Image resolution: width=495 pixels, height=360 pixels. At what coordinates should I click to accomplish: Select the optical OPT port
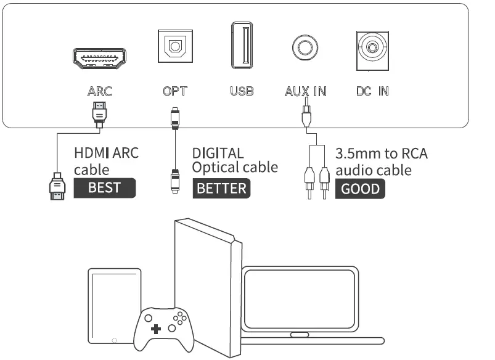(x=175, y=46)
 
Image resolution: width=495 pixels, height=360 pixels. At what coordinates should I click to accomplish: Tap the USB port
(x=242, y=46)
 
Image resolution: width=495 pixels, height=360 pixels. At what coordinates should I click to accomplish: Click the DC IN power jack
(x=373, y=47)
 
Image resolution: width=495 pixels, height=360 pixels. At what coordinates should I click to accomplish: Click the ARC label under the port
(x=100, y=92)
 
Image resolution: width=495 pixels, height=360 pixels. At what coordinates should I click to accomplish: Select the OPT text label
(x=175, y=92)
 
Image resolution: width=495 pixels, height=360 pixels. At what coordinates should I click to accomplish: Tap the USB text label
(x=242, y=92)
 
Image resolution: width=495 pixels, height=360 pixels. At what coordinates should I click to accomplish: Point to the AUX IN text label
(x=306, y=92)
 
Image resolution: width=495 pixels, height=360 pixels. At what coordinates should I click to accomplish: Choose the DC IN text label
(x=373, y=92)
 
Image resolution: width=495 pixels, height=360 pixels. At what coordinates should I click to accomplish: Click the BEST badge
(x=104, y=188)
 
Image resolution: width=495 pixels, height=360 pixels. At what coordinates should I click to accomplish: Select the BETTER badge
(x=221, y=188)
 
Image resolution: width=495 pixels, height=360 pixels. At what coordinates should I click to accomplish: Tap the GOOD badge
(x=361, y=189)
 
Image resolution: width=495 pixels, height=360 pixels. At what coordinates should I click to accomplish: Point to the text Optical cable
(x=235, y=167)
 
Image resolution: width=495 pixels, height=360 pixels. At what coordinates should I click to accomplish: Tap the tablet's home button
(x=114, y=339)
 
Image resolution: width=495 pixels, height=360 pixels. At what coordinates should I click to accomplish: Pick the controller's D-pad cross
(x=155, y=329)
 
